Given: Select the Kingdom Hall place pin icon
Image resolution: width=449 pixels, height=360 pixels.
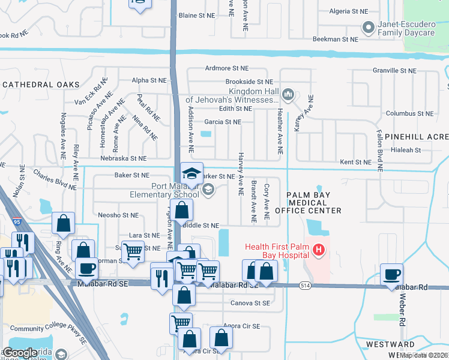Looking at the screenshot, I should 288,94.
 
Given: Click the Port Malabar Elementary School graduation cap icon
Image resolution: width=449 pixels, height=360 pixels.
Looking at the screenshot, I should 192,173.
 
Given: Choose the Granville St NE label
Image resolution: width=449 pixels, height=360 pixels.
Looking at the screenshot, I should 394,71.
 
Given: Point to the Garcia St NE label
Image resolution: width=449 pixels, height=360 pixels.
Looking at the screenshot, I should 222,122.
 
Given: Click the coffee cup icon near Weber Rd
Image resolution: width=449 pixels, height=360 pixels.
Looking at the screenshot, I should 392,275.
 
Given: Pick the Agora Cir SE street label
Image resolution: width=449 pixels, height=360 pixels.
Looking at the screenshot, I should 241,326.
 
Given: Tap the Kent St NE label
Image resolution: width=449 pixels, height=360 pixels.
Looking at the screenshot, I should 357,162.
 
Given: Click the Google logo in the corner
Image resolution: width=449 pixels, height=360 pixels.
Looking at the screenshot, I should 20,353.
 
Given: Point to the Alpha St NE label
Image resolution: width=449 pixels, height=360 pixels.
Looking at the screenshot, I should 149,80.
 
